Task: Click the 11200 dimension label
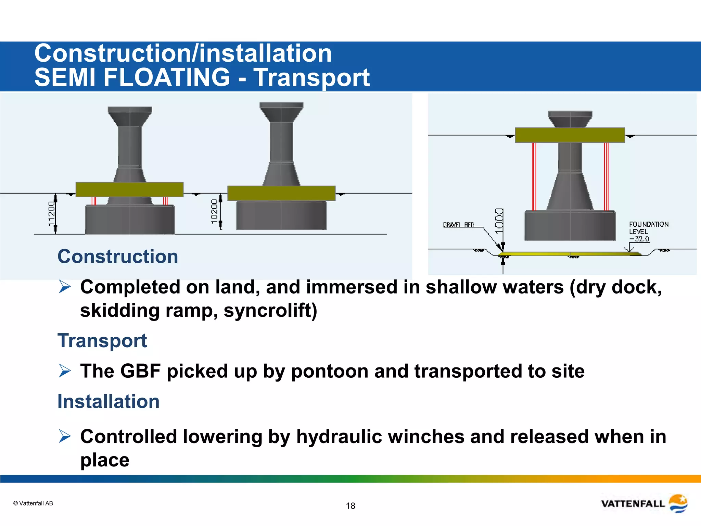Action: [51, 214]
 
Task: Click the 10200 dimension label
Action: [214, 212]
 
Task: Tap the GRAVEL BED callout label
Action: [459, 225]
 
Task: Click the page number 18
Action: [350, 506]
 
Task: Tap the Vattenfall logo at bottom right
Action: [644, 503]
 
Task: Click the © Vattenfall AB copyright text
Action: [33, 503]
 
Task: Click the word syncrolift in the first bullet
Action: [270, 310]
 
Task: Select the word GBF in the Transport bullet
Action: [140, 371]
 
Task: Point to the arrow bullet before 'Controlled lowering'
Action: [65, 436]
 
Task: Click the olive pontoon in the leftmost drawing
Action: [129, 189]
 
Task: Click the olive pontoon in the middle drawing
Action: [281, 193]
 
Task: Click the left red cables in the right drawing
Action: [534, 176]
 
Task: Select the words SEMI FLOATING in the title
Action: [132, 77]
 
